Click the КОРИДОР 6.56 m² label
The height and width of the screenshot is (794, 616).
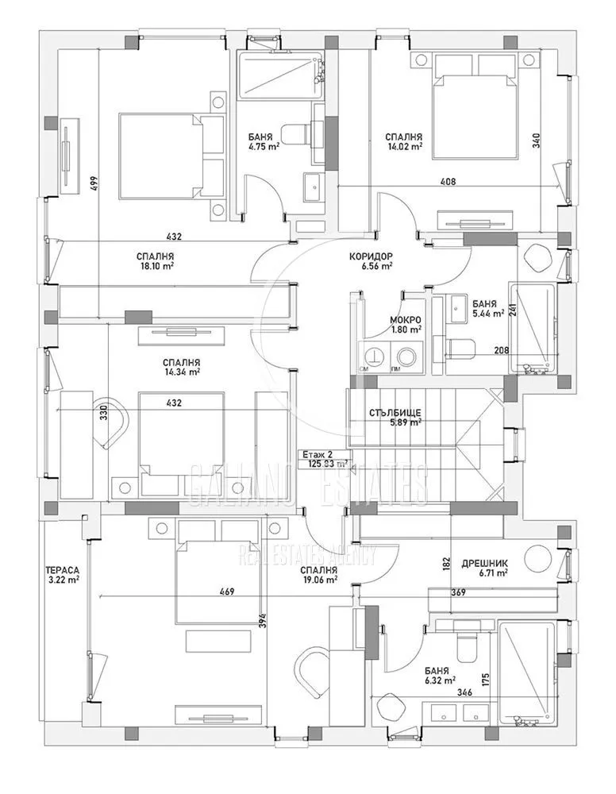click(371, 261)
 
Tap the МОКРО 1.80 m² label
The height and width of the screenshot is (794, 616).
click(406, 324)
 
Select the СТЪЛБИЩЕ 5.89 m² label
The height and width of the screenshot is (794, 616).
click(395, 418)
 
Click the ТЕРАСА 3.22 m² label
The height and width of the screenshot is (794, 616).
click(63, 575)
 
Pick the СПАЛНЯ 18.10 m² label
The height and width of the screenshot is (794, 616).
click(156, 261)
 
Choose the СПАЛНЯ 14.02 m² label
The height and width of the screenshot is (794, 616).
click(403, 141)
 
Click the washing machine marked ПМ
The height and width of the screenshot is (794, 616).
click(408, 357)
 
